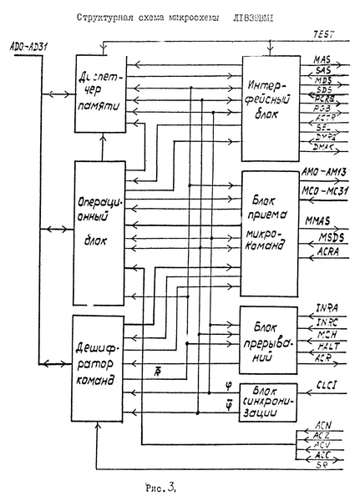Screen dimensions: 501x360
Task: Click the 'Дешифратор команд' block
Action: pos(99,367)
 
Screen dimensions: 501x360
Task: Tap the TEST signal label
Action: pos(324,34)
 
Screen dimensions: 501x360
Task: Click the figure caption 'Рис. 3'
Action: pos(158,481)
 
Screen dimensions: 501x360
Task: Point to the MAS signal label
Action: pos(322,61)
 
